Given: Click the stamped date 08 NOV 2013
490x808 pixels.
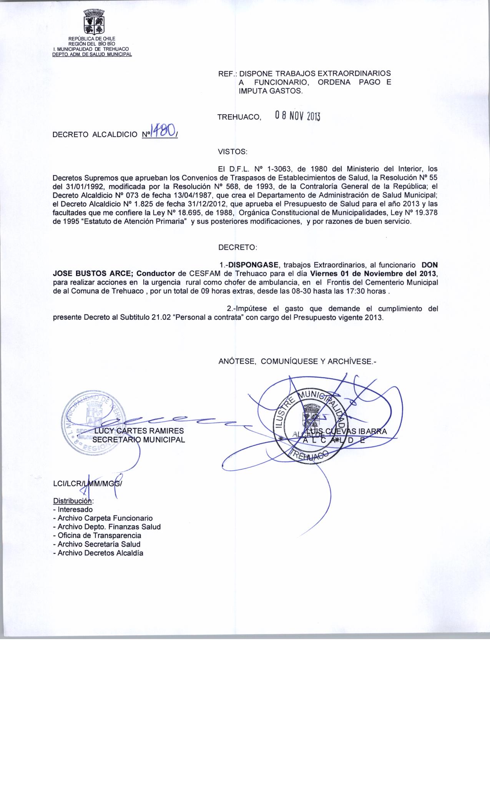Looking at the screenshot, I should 298,116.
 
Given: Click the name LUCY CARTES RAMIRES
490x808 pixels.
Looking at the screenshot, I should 139,431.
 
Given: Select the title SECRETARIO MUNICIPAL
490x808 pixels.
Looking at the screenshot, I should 139,440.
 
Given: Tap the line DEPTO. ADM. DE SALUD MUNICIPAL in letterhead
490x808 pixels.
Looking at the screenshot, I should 92,54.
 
